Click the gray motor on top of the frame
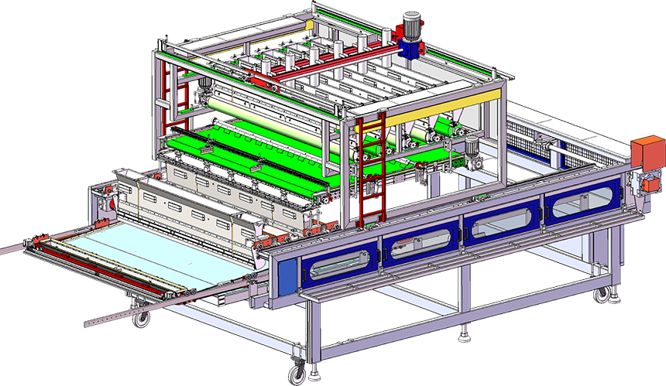411,25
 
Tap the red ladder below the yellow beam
372,166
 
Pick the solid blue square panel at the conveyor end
287,275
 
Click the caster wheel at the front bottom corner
297,374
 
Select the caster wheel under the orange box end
601,295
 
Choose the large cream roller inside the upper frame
263,107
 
